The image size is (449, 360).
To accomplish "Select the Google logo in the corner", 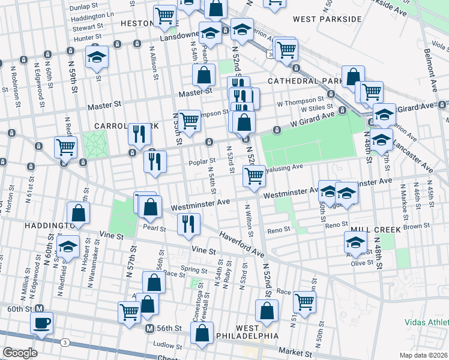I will [x=20, y=353].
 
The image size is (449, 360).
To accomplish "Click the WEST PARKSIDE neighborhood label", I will [x=327, y=19].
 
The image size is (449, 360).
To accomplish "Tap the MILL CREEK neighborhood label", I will [x=357, y=229].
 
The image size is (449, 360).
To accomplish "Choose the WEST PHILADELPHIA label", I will [x=257, y=332].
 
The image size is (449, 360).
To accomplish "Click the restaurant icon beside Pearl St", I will [x=188, y=223].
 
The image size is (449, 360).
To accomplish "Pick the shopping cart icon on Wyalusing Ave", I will [x=254, y=175].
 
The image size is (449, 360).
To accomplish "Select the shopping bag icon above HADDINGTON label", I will [x=78, y=212].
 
